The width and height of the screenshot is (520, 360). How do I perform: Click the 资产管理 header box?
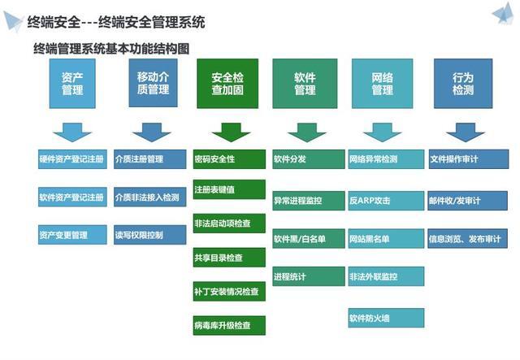point(72,84)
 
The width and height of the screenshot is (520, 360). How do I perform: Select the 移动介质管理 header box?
point(153,84)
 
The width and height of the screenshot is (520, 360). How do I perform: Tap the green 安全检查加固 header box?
point(227,84)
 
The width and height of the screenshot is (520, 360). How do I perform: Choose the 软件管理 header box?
point(305,84)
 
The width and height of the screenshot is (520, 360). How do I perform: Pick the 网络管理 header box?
point(383,84)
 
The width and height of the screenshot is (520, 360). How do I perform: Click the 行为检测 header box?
point(462,84)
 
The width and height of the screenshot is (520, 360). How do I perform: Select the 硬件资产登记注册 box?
point(72,159)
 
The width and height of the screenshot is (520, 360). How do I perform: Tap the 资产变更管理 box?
point(72,235)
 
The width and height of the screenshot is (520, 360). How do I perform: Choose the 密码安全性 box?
point(230,159)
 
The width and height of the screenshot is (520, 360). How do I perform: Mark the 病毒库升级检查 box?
point(230,325)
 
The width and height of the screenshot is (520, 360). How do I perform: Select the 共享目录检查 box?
point(230,258)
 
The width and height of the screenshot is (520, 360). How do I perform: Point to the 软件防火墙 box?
point(386,316)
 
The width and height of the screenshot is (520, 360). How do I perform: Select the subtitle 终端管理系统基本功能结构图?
point(111,49)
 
